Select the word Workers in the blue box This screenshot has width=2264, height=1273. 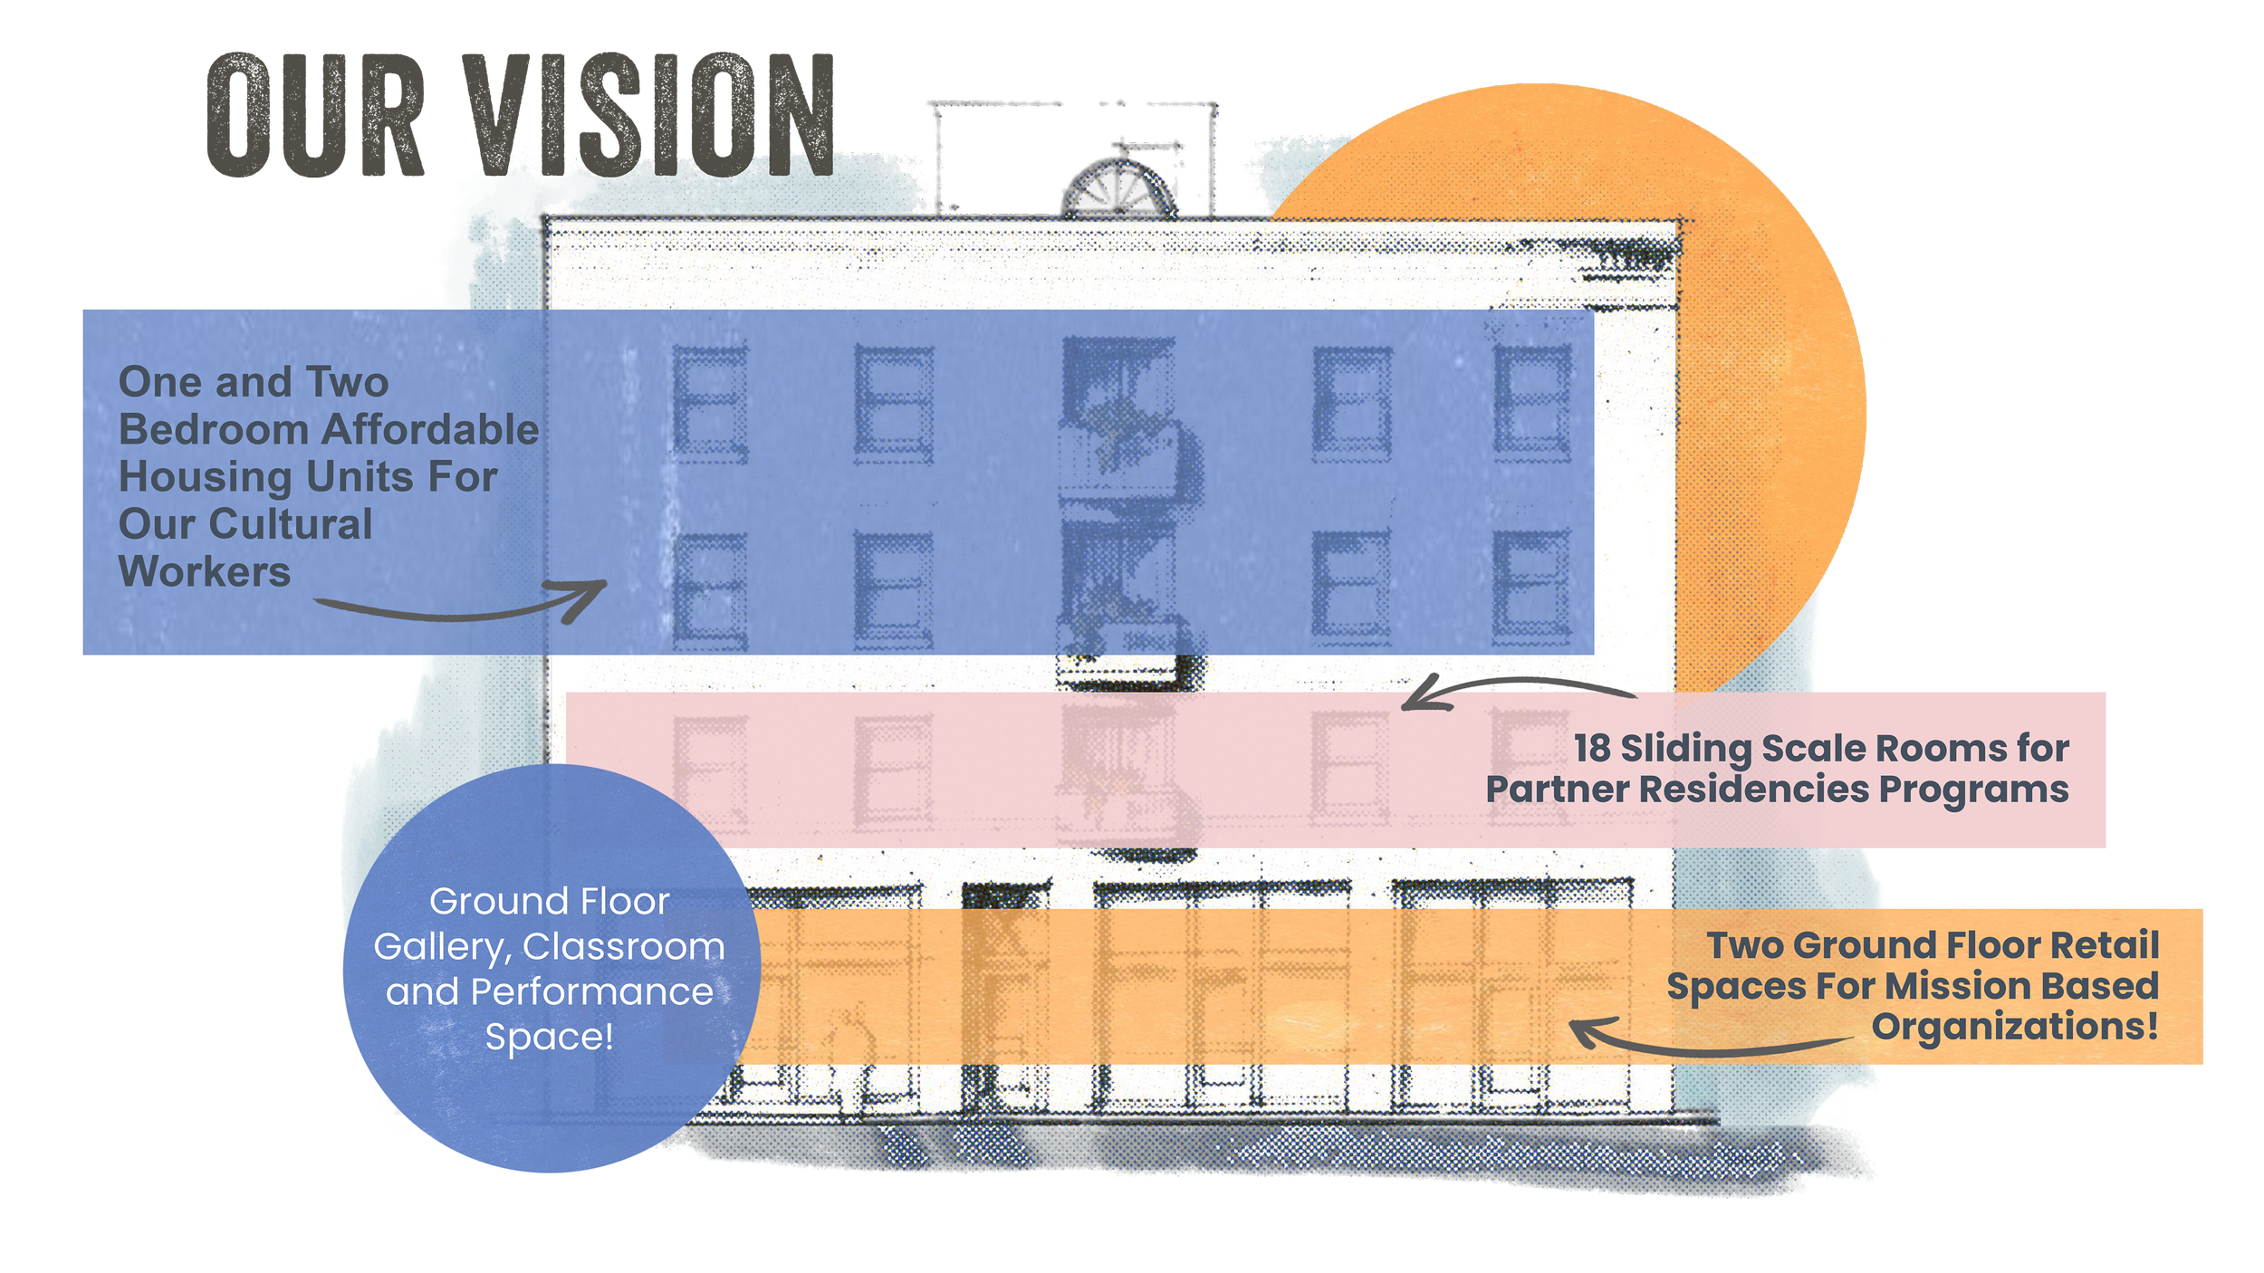coord(205,572)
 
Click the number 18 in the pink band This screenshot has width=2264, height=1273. coord(1592,749)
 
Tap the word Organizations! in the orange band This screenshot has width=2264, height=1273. coord(2015,1027)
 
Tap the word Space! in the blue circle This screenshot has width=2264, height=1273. coord(550,1037)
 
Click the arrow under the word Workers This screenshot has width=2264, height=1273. coord(462,605)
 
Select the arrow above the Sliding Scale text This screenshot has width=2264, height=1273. coord(1517,690)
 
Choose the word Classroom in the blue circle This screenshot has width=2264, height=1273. coord(624,947)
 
